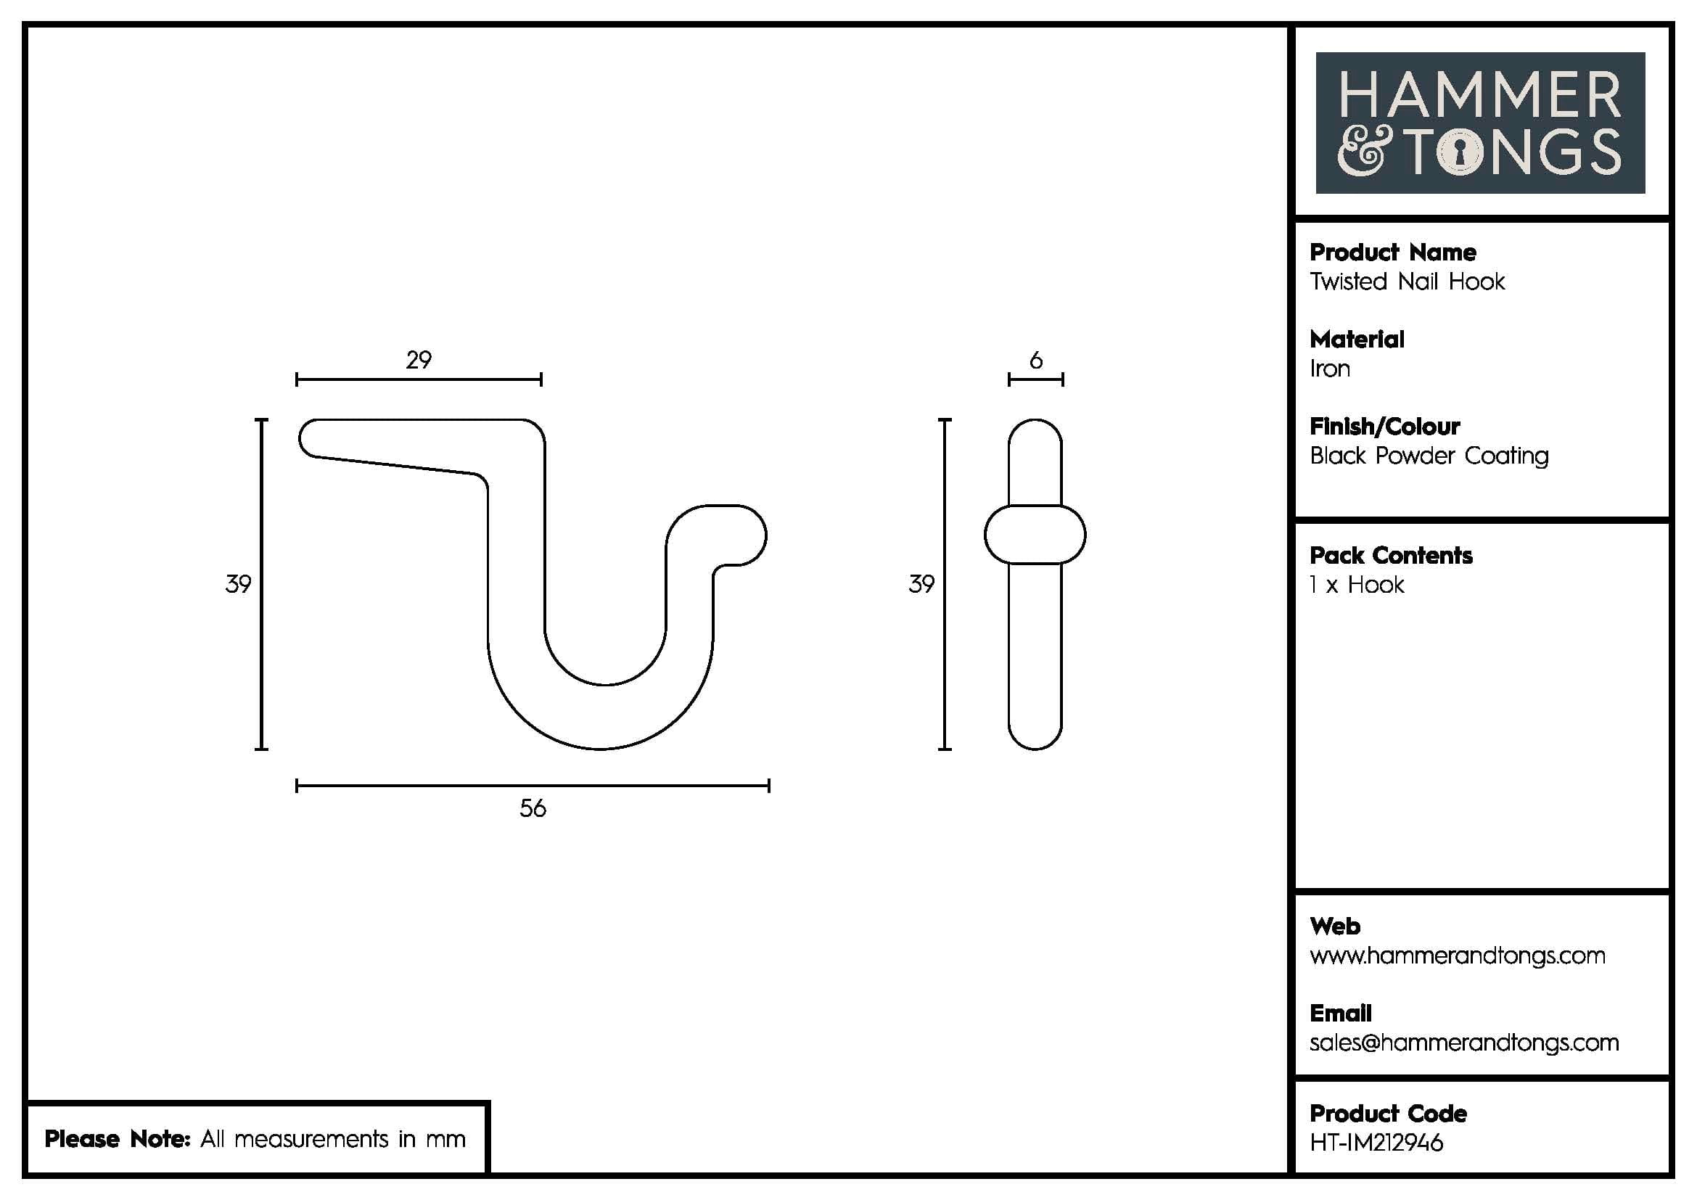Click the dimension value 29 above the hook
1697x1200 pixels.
[419, 360]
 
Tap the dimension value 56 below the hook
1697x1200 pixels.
[532, 807]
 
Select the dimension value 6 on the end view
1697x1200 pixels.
[1035, 360]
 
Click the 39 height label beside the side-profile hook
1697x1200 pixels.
[238, 584]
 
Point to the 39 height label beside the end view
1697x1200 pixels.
[921, 584]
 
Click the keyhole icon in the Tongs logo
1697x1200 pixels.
[1460, 153]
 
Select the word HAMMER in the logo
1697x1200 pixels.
[1479, 94]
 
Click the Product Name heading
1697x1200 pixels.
[1392, 252]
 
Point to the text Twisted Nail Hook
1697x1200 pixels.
[1407, 281]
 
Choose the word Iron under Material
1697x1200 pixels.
[1330, 369]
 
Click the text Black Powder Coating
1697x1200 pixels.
[1429, 456]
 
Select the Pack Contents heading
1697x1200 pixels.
[1390, 556]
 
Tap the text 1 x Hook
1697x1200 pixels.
[1356, 585]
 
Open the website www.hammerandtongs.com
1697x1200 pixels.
[1457, 956]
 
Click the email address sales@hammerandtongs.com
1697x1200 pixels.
[1463, 1043]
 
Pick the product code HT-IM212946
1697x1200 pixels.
[1376, 1143]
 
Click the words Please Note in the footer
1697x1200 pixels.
[117, 1138]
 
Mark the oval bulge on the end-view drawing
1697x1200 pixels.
[1035, 534]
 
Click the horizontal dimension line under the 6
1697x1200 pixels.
[1035, 379]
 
